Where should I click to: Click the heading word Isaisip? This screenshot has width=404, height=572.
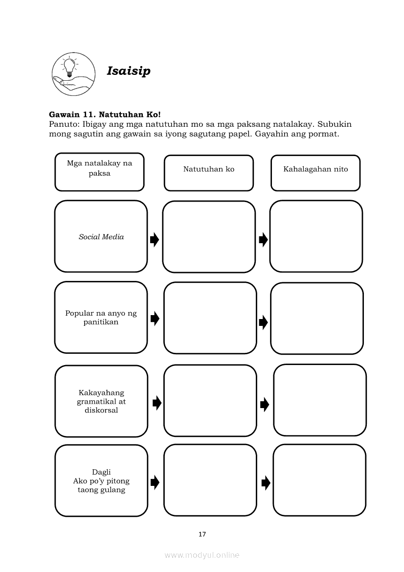coord(129,71)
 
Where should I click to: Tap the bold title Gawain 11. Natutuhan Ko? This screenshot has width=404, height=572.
coord(105,114)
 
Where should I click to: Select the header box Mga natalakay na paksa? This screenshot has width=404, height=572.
coord(99,172)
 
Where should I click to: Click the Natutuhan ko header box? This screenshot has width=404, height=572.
coord(209,173)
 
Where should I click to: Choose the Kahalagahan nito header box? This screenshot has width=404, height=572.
coord(315,173)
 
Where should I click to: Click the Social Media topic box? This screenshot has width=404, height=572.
coord(101,237)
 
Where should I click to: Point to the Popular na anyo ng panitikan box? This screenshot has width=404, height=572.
coord(101,318)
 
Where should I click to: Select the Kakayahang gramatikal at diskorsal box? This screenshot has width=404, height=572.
coord(101,401)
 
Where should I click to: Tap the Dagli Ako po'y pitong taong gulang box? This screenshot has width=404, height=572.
coord(101,480)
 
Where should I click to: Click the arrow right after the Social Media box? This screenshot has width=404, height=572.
coord(155,239)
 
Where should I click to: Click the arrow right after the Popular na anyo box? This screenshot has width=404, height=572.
coord(155,319)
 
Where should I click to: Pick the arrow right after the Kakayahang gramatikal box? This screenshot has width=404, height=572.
coord(157,403)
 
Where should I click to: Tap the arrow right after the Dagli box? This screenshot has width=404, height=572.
coord(155,482)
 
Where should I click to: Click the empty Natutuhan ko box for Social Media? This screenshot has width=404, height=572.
coord(209,237)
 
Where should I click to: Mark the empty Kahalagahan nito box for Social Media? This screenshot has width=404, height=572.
coord(316,236)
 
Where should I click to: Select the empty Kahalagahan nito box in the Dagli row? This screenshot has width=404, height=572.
coord(319,480)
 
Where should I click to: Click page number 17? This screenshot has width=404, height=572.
coord(202,534)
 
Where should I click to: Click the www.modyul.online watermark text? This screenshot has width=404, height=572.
coord(202,555)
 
